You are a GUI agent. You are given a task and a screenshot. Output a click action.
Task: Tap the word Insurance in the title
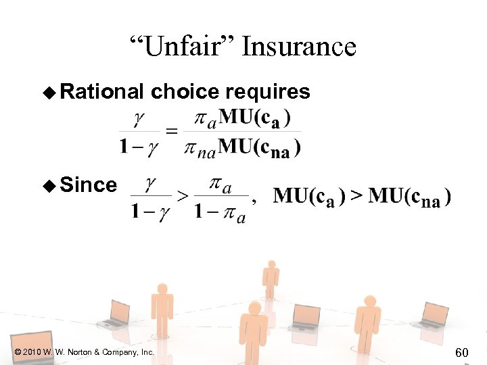tap(298, 47)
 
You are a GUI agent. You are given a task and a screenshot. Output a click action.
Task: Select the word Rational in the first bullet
tap(102, 92)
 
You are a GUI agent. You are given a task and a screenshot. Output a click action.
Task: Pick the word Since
tap(88, 185)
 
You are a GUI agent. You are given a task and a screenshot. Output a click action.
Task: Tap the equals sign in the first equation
tap(172, 132)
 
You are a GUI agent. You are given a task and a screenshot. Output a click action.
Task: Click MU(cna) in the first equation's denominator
tap(260, 147)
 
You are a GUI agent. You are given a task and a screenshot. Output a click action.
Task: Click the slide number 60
tap(463, 351)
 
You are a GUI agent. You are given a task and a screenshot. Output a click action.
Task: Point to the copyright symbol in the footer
tap(16, 352)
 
